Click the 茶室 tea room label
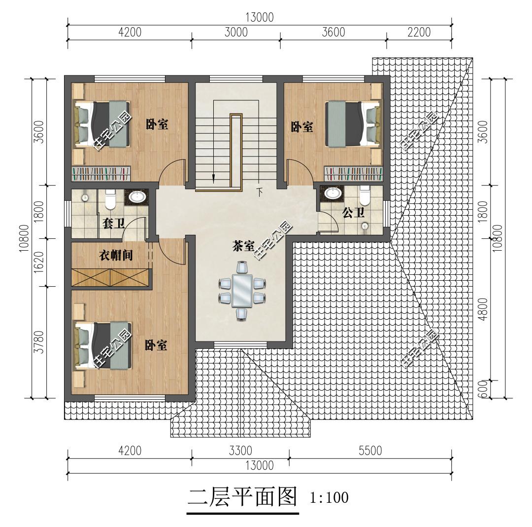tap(243, 246)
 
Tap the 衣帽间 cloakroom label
tap(116, 255)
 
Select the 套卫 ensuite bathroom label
tap(113, 224)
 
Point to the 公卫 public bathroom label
tap(353, 213)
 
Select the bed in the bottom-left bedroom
tap(102, 345)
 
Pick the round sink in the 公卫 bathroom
tap(332, 192)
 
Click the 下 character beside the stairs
tap(260, 192)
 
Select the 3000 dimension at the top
tap(236, 32)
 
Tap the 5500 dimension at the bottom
tap(370, 451)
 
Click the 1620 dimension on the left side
tap(40, 263)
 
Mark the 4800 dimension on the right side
tap(483, 308)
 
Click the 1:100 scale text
tap(329, 498)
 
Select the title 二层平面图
tap(242, 497)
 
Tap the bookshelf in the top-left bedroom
tap(101, 174)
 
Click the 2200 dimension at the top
tap(419, 32)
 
